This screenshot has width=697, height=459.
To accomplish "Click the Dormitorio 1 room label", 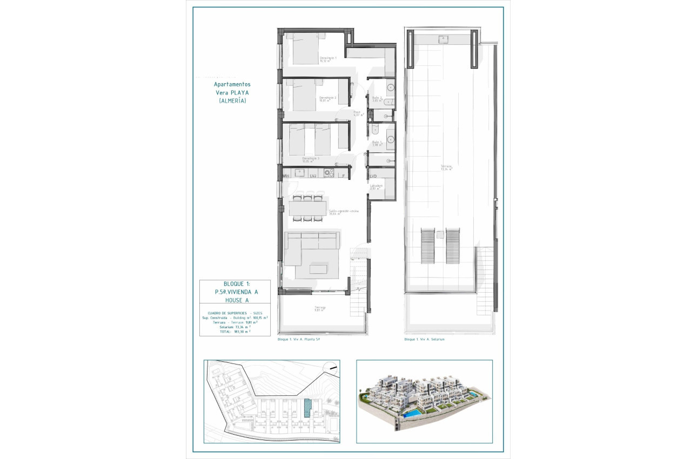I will pos(328,59).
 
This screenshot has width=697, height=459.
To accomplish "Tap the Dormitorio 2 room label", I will pos(328,99).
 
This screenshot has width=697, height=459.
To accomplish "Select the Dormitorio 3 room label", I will pos(311,159).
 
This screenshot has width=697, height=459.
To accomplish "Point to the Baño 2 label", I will pos(377,99).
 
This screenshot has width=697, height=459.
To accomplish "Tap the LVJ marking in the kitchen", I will pos(313,176).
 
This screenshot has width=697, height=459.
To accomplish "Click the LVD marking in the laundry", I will pos(373,176).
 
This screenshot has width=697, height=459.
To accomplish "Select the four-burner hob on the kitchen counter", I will pos(327,173).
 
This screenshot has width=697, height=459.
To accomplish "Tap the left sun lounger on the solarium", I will pos(427,246).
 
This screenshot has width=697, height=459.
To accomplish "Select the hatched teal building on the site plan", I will pos(307,408).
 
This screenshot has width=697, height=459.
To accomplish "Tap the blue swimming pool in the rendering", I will pos(412,414).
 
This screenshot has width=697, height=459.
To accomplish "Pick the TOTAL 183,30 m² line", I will pos(235,332).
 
